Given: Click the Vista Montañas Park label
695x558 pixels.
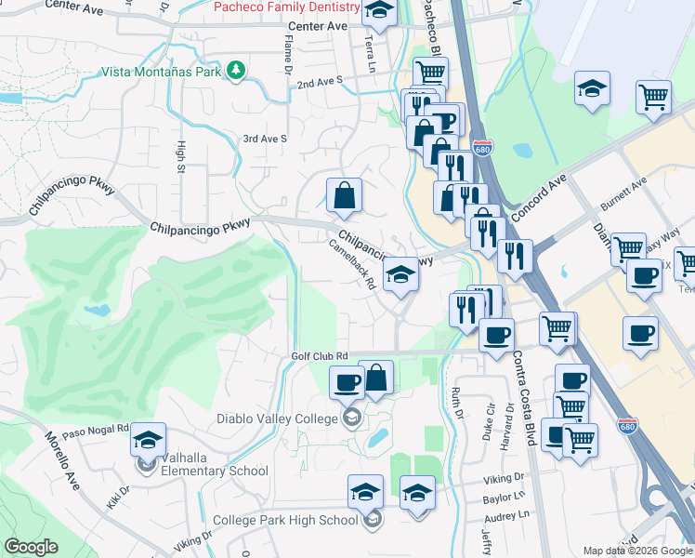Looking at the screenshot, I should (x=161, y=72).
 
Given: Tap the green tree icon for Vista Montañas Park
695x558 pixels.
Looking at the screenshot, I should (x=237, y=71).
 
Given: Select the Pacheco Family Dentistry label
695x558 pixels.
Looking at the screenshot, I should (x=288, y=7).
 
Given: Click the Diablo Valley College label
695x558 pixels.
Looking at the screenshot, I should (x=277, y=419).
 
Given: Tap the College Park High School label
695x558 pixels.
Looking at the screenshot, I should (x=285, y=520).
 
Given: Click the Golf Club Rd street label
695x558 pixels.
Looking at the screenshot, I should (x=319, y=356).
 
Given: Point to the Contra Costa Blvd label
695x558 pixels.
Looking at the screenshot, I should (x=520, y=391).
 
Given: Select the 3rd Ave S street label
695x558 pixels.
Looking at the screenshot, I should (x=265, y=139).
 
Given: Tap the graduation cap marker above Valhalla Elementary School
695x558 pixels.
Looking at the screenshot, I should (x=148, y=439).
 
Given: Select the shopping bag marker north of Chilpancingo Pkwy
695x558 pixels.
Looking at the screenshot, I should (x=344, y=194).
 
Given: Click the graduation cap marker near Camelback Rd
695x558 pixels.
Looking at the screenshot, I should (x=400, y=274).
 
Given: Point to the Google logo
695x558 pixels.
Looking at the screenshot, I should (x=31, y=548).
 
